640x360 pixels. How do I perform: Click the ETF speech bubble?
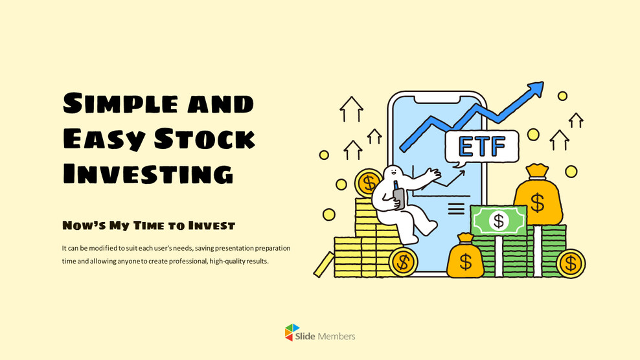coord(482,146)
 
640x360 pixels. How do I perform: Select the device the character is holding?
coord(398,197)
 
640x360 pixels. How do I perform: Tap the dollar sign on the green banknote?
coord(498,221)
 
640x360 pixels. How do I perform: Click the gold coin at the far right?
coord(570,263)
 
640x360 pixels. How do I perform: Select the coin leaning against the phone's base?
coord(404,262)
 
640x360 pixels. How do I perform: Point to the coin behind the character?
coord(369,182)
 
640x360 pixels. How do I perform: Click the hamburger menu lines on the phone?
coord(456,208)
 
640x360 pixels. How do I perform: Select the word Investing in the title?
coord(148,174)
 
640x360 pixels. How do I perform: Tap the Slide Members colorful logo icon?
coord(292,333)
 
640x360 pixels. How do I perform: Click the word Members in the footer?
coord(336,336)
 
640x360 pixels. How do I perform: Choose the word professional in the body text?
coord(185,261)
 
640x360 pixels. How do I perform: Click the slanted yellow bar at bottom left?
coord(323,264)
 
